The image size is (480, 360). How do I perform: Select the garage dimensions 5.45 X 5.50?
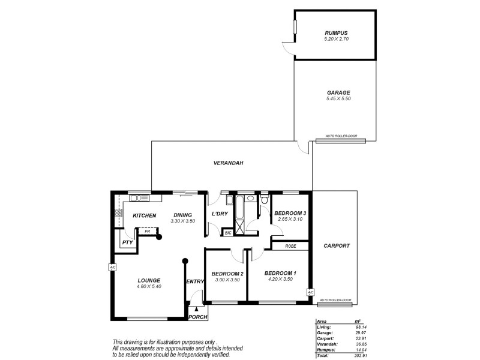coord(336,98)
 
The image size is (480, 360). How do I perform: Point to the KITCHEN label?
coord(144,215)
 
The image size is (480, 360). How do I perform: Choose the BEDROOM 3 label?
coord(290,214)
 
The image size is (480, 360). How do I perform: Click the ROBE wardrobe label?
coord(291,245)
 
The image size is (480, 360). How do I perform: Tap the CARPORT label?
coord(336,246)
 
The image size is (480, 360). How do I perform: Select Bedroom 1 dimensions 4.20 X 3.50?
coord(280,279)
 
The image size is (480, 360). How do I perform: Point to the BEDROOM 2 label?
coord(226,274)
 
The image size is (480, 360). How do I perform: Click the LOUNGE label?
coord(148,280)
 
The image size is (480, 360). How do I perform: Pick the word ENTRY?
coord(195,282)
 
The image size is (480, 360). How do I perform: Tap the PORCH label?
coord(197,317)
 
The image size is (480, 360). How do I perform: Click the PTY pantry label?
coord(127,242)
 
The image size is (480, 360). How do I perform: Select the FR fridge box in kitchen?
coord(147,231)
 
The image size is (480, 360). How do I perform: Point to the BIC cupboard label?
coord(228,232)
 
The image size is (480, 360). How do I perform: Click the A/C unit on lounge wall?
coord(112,268)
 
